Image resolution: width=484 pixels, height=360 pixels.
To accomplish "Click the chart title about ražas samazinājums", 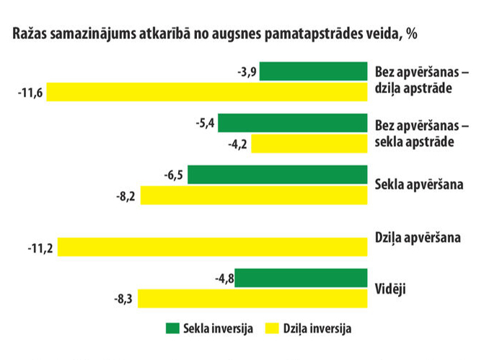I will click(x=214, y=34).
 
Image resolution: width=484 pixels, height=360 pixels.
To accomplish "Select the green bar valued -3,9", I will click(x=314, y=71).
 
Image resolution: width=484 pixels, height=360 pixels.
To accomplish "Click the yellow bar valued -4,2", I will click(x=309, y=144).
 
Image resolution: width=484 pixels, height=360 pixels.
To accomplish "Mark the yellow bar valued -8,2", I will click(x=254, y=195).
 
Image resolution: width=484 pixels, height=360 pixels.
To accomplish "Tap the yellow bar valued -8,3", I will click(x=252, y=298).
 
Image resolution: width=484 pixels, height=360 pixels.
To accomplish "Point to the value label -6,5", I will click(x=173, y=175).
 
